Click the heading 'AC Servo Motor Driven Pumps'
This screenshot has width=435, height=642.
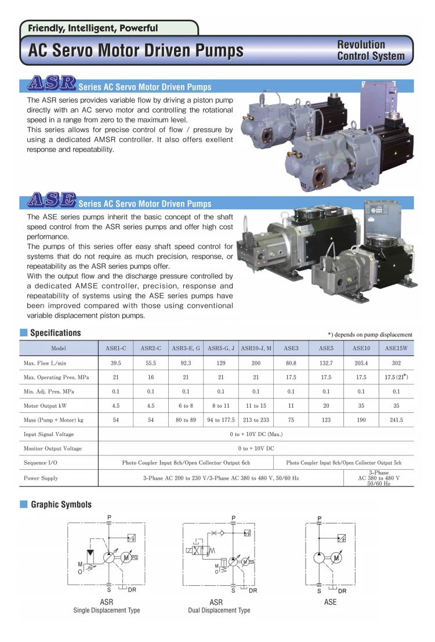click(x=136, y=51)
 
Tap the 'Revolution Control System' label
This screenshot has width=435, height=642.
click(x=371, y=50)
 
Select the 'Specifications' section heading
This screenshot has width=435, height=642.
click(x=55, y=333)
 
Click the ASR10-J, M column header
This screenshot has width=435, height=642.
click(x=256, y=349)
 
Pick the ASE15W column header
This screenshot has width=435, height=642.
click(x=397, y=349)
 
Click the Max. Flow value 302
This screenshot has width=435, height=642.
click(x=397, y=363)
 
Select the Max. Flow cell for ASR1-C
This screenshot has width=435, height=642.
click(x=116, y=363)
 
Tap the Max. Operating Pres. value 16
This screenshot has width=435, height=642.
click(x=151, y=378)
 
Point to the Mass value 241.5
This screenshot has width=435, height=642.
click(x=397, y=420)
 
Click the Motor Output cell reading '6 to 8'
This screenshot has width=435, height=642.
click(x=186, y=406)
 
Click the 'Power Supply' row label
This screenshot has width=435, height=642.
click(x=41, y=478)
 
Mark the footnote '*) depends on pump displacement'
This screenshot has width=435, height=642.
click(x=370, y=335)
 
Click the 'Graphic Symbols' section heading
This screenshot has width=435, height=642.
click(x=61, y=505)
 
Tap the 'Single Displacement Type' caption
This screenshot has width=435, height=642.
click(x=107, y=610)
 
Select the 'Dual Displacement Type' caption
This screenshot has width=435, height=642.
click(x=219, y=610)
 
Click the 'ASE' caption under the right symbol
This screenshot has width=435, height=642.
click(x=330, y=602)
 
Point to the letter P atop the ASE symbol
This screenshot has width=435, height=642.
click(x=319, y=517)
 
